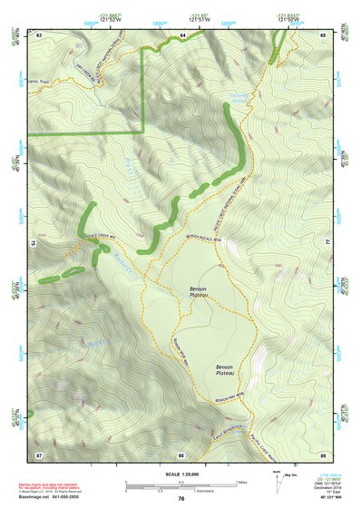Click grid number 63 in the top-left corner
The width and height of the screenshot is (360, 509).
tap(39, 34)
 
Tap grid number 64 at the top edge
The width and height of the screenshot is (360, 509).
tap(181, 34)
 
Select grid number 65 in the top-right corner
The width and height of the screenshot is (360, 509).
tap(323, 34)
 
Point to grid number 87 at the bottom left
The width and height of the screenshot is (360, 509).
tap(39, 454)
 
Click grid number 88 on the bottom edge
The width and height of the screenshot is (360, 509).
tap(181, 454)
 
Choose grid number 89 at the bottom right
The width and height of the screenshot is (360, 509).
tap(323, 454)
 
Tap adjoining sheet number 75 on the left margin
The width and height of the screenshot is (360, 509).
tap(33, 243)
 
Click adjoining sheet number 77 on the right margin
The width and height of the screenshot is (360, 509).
tap(328, 243)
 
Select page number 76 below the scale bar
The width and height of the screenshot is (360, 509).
tap(181, 498)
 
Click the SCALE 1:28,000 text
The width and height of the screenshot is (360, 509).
tap(180, 473)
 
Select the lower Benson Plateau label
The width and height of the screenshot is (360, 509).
tap(224, 370)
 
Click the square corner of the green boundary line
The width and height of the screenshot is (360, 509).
tap(143, 133)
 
